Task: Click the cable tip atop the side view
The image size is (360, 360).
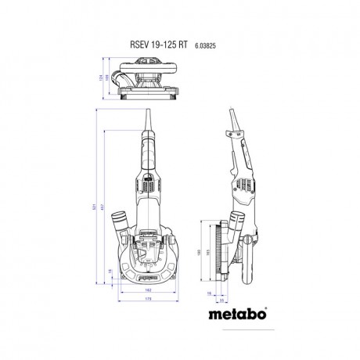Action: click(x=229, y=111)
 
